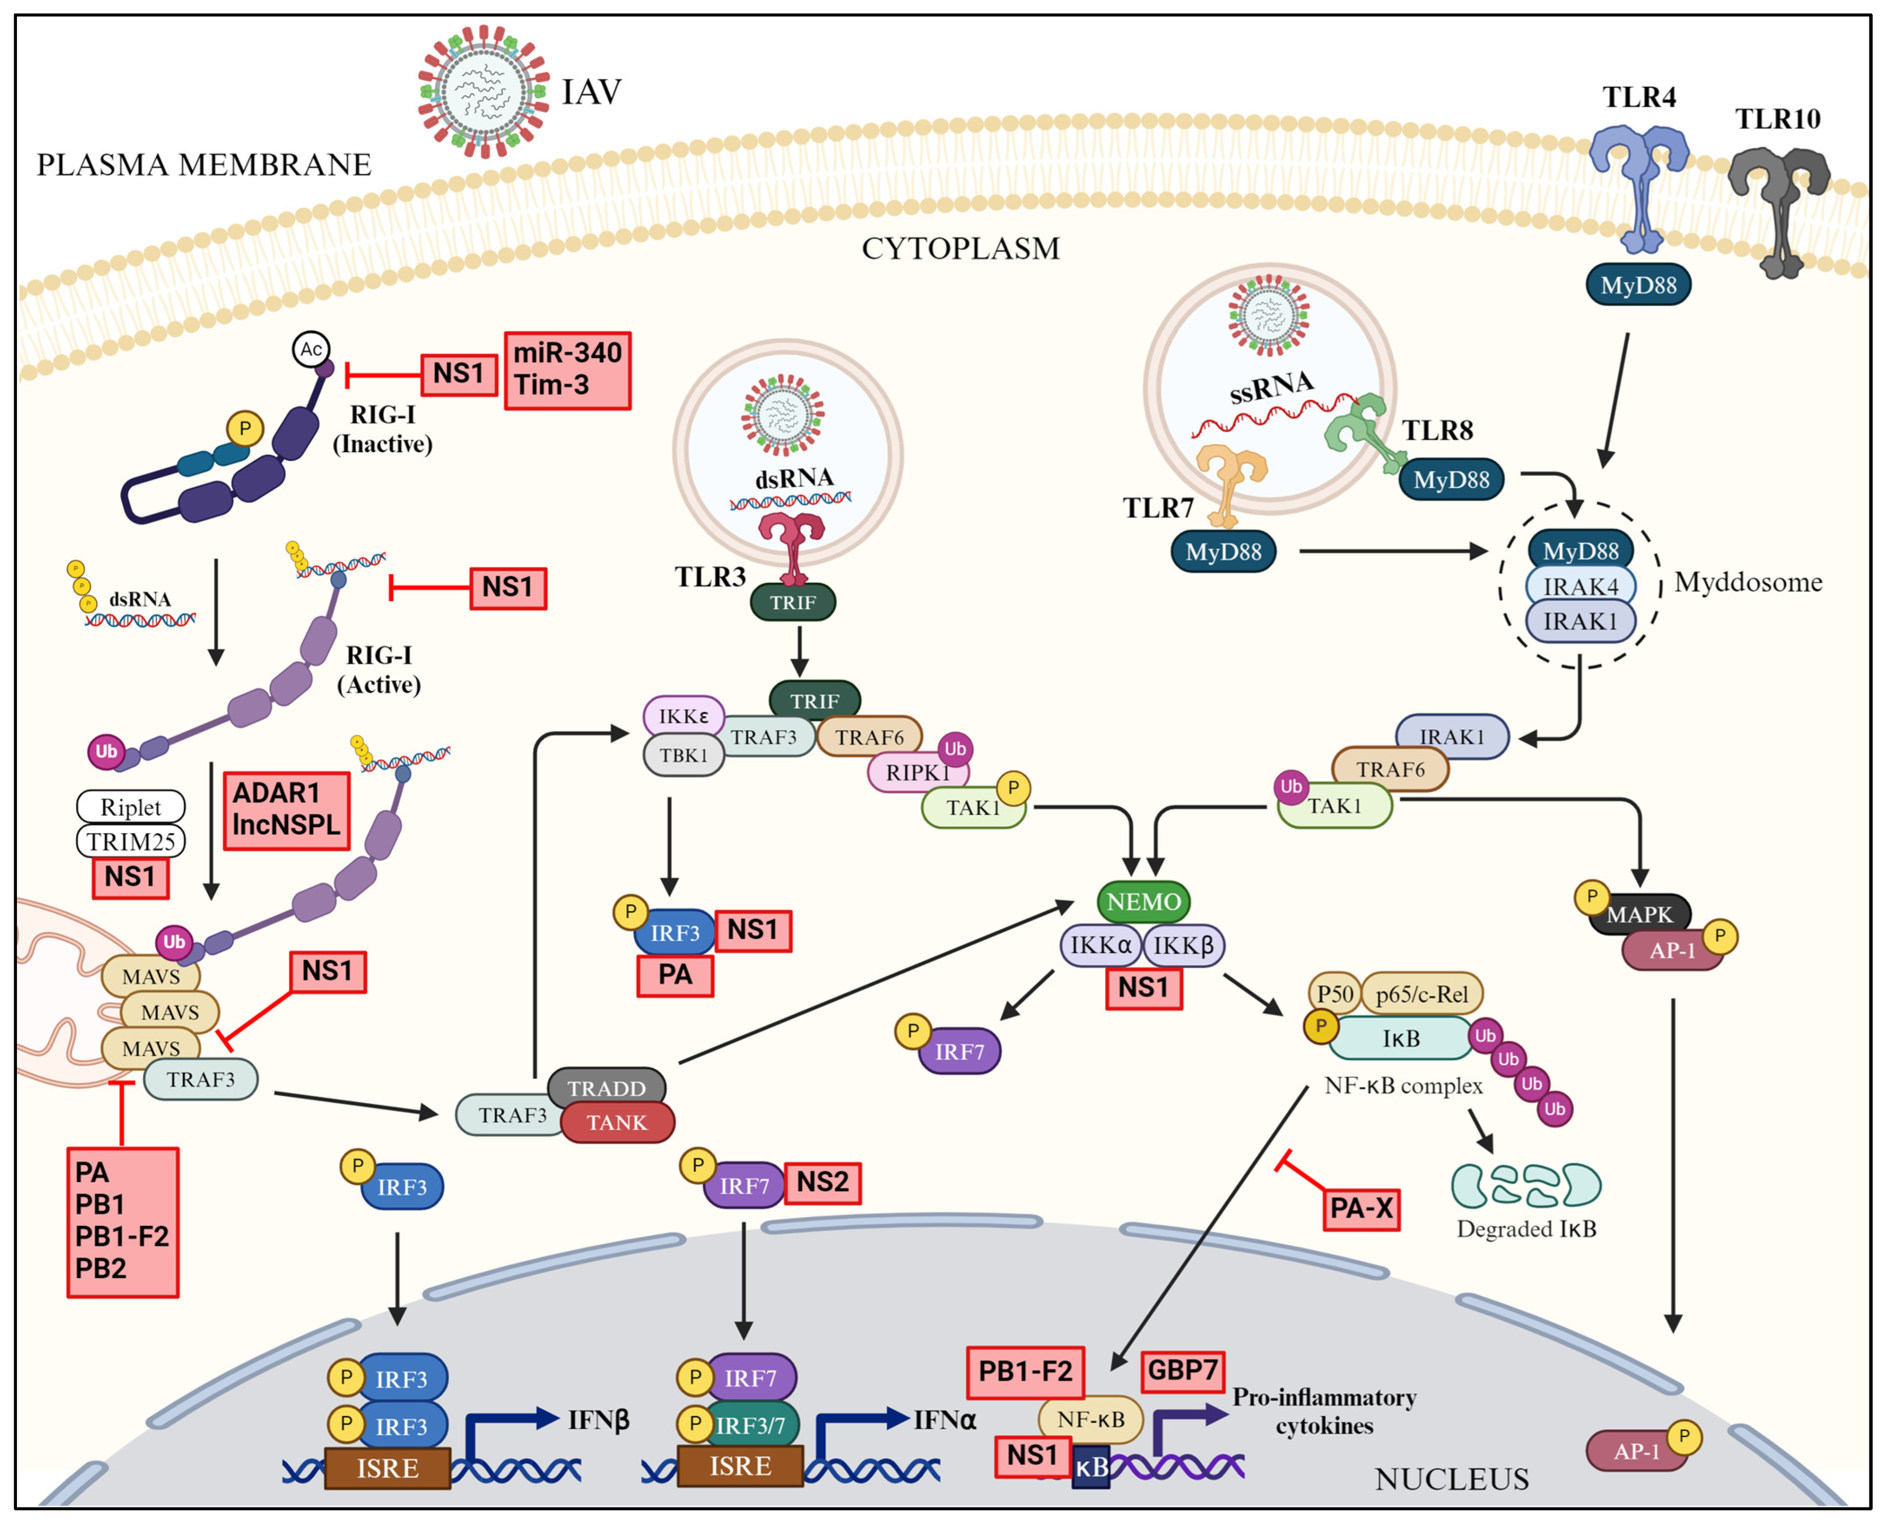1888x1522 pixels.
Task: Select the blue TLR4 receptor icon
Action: (1638, 184)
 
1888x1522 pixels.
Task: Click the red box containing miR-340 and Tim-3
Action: (568, 370)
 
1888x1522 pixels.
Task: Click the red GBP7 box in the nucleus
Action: (1182, 1370)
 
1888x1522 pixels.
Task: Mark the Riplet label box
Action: (131, 806)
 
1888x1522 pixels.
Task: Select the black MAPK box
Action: (1639, 914)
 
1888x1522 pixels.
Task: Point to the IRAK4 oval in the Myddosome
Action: (1580, 586)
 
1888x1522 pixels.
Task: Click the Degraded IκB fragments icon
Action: (1526, 1186)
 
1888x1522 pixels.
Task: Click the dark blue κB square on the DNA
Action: (1091, 1468)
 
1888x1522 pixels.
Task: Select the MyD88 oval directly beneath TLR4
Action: (1638, 285)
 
